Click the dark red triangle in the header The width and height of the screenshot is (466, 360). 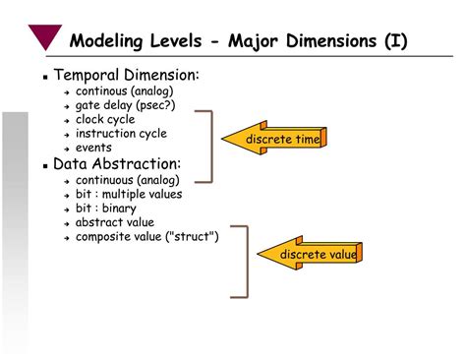click(45, 36)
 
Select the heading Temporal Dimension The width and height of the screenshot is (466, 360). click(126, 76)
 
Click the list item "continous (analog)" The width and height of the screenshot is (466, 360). click(128, 91)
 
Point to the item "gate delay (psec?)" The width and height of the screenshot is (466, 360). click(126, 105)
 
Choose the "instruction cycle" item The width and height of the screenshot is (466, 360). click(121, 133)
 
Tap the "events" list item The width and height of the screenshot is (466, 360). click(93, 147)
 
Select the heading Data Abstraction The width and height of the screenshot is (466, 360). click(116, 163)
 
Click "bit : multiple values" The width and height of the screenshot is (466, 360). click(130, 194)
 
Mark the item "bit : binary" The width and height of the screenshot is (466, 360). click(106, 208)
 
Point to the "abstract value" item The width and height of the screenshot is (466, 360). click(114, 222)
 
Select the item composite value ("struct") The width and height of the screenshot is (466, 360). click(147, 236)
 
